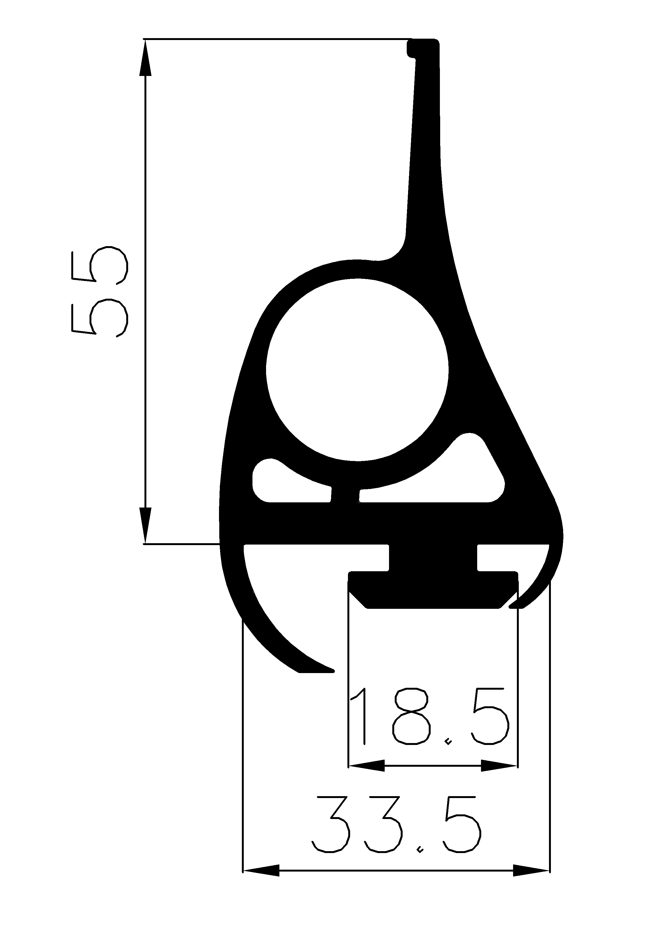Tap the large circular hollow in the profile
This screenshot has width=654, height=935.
tap(357, 370)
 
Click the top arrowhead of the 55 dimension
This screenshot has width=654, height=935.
tap(145, 57)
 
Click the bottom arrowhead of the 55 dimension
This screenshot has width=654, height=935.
tap(145, 525)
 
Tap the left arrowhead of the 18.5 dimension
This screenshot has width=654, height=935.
tap(366, 766)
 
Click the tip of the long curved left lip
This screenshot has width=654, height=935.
tap(326, 670)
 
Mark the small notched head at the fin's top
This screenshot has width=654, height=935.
tap(423, 48)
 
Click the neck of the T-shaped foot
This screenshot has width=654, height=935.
tap(433, 558)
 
